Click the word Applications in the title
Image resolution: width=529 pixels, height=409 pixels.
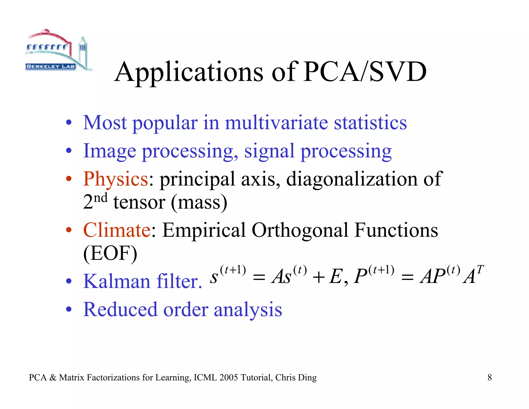(x=189, y=73)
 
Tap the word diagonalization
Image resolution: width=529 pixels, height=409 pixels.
(x=352, y=179)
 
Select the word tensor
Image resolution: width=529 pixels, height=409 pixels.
(x=139, y=202)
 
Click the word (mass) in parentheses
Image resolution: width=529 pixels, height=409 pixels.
(x=199, y=202)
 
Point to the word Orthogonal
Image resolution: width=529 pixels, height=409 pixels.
(x=300, y=230)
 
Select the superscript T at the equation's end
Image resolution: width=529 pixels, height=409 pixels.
(x=480, y=270)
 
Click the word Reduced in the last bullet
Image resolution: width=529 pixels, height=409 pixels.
(x=120, y=309)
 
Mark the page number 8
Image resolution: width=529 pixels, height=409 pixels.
(x=489, y=378)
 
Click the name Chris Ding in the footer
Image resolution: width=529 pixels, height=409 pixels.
(x=296, y=378)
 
